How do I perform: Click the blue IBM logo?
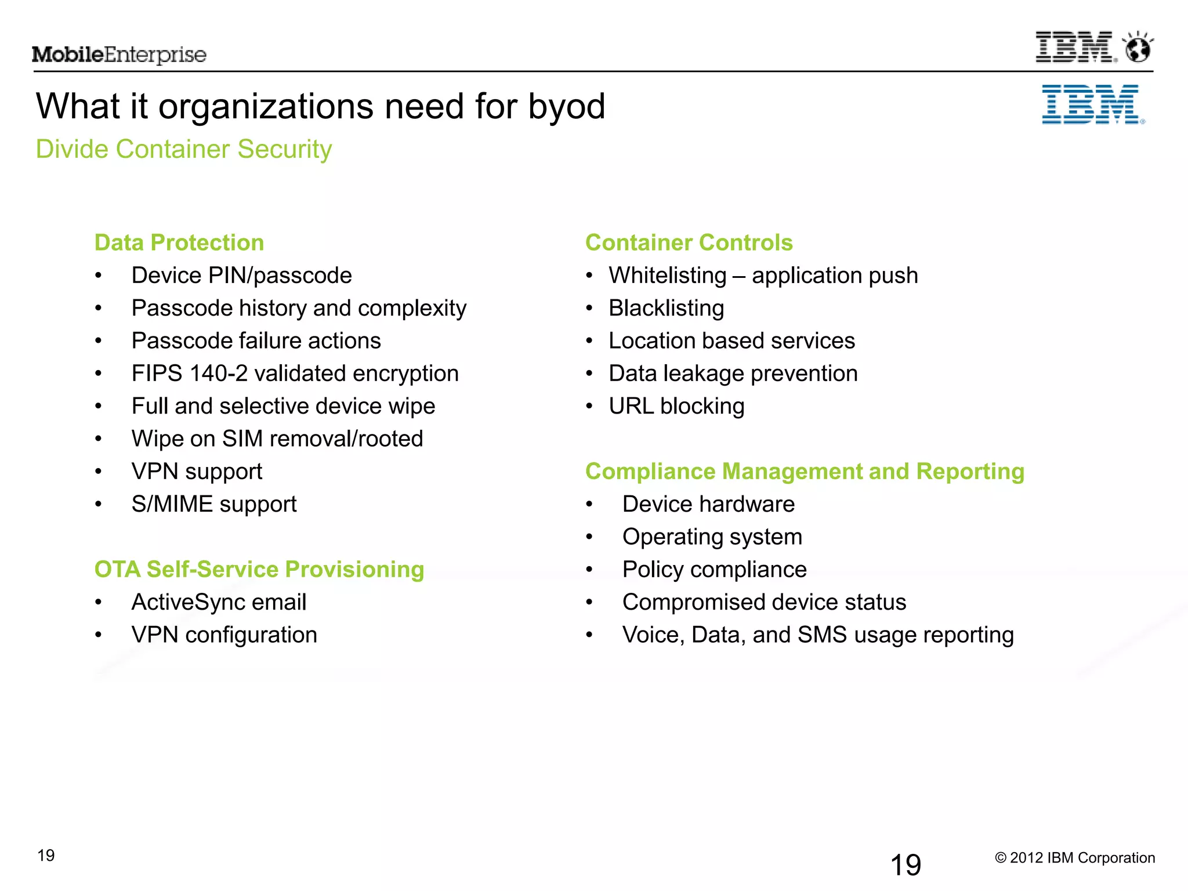point(1092,105)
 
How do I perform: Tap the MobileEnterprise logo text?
point(119,55)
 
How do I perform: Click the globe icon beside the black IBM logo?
point(1138,48)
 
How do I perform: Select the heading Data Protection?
point(179,242)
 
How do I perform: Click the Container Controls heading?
point(689,242)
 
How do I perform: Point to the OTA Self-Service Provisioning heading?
point(259,569)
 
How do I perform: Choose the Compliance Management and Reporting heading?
point(805,471)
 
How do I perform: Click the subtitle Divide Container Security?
point(184,149)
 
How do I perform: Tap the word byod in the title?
point(566,107)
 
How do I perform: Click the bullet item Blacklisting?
point(666,308)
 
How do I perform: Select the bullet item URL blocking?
point(676,406)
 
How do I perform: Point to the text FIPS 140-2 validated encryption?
point(295,374)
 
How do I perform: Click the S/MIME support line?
point(214,504)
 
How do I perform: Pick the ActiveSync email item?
point(219,602)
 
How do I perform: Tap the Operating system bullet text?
point(712,537)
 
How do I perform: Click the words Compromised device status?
point(764,602)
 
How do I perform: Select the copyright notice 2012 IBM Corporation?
point(1075,858)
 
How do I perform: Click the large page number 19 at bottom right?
point(906,865)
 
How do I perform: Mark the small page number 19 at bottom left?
point(46,855)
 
